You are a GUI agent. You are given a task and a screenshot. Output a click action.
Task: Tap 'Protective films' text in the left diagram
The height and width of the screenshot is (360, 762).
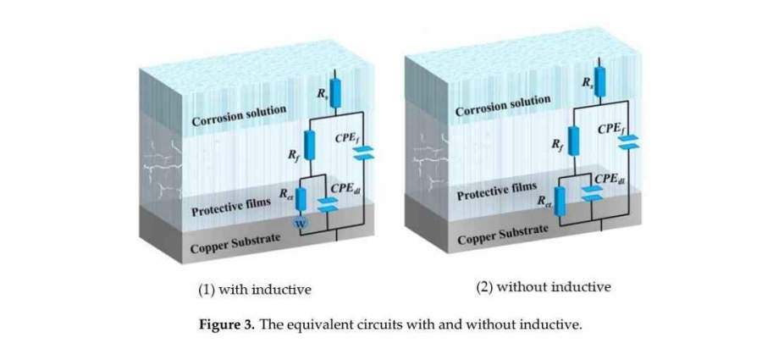click(231, 206)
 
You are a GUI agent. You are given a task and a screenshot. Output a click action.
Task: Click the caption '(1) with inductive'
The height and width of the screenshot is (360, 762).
click(255, 290)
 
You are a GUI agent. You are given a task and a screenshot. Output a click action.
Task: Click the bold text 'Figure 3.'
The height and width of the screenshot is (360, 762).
click(227, 324)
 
